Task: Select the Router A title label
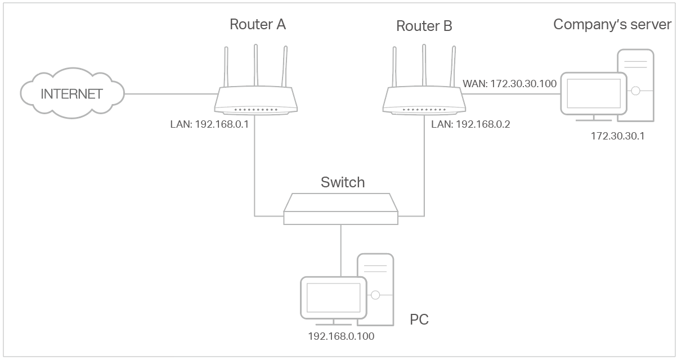tap(258, 25)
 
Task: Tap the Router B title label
tap(424, 26)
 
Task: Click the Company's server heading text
tap(612, 24)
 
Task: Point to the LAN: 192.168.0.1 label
tap(209, 124)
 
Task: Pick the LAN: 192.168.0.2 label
tap(470, 124)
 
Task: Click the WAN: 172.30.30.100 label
tap(509, 84)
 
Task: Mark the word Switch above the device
tap(342, 182)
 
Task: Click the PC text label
tap(419, 320)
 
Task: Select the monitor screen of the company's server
tap(594, 93)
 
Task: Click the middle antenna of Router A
tap(255, 65)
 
